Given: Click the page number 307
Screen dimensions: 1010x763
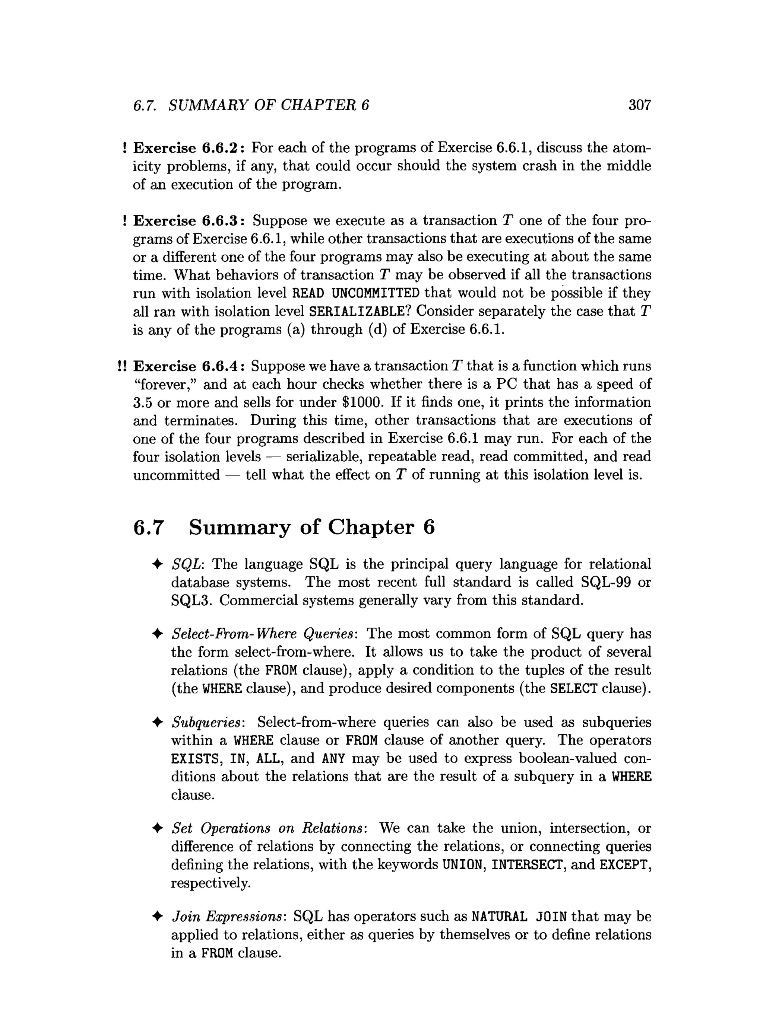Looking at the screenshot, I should click(639, 105).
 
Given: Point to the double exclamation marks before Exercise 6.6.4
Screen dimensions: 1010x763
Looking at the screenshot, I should click(121, 366).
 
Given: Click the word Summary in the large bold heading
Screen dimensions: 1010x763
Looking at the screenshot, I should click(240, 528).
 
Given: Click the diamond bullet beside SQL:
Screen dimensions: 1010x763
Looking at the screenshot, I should click(157, 564).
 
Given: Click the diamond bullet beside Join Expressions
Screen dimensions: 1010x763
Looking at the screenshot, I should click(157, 917).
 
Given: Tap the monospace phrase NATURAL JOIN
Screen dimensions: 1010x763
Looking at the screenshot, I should click(519, 917).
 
